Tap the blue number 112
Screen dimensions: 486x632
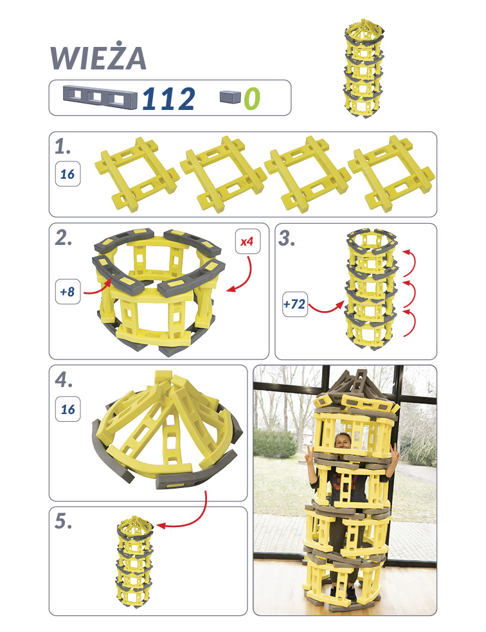168,98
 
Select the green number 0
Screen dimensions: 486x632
252,98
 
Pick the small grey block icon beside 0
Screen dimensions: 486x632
230,96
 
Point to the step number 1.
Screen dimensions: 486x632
63,147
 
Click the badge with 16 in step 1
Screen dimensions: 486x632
67,174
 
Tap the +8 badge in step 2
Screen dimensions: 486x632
67,291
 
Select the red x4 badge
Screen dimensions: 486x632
248,242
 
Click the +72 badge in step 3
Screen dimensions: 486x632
295,304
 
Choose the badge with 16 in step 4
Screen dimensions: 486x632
67,409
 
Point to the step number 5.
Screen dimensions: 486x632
63,521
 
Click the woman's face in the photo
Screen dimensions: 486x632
343,442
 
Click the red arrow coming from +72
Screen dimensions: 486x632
326,309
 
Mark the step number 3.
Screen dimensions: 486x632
287,239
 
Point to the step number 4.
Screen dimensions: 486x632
63,380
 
